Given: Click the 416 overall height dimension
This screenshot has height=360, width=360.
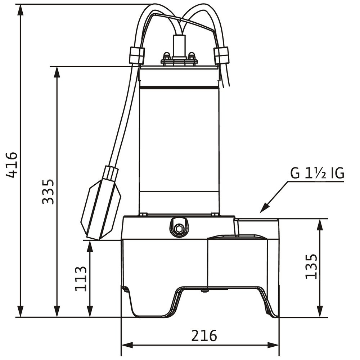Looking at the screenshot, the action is coord(12,165).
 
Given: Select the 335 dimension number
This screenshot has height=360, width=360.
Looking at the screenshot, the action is coord(48,192).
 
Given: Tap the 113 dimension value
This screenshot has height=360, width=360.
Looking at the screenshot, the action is coord(81,279).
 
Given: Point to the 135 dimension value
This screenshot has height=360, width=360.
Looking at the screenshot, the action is coord(311,266).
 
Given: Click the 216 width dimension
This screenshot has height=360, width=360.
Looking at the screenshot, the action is coord(204,336).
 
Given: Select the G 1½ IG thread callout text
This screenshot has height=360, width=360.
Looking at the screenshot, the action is coord(317,174).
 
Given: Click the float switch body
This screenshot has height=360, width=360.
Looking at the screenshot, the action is coord(100,210).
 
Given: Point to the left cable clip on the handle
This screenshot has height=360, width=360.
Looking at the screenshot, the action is coord(137,55).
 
